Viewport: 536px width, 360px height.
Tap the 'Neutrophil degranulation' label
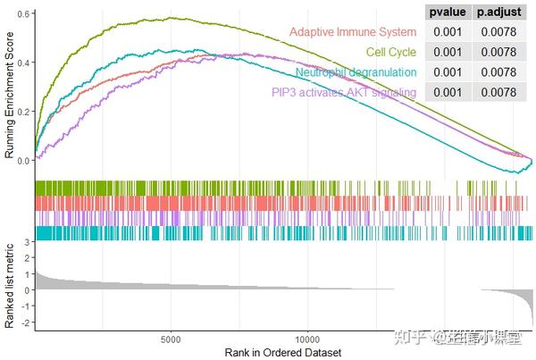[355, 72]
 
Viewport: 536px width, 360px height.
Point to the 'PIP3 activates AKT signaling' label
[344, 92]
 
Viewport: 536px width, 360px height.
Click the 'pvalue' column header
[446, 13]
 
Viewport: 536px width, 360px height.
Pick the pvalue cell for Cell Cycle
[446, 53]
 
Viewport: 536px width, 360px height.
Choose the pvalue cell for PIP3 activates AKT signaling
[446, 92]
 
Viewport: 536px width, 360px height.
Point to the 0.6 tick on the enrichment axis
[26, 15]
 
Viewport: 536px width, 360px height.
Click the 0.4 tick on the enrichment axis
[26, 63]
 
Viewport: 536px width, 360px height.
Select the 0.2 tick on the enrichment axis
[26, 112]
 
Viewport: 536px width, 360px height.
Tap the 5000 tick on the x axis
[172, 340]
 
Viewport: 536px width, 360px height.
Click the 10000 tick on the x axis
[308, 340]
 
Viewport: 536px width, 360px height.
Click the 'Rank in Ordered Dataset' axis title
[283, 353]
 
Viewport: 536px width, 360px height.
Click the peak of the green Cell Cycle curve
[172, 17]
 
